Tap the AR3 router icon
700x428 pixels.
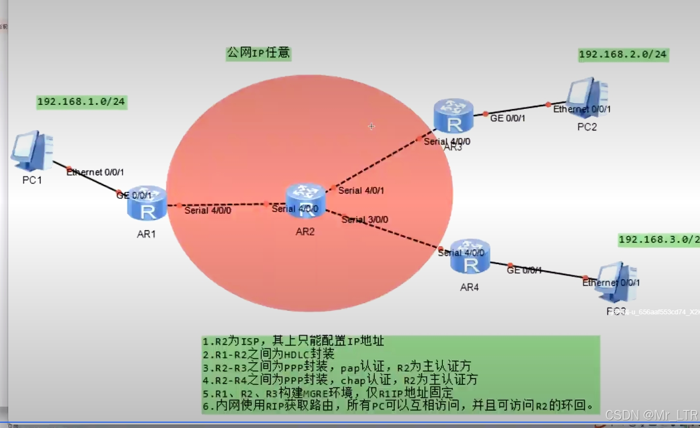[x=454, y=116]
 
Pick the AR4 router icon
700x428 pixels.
[x=470, y=257]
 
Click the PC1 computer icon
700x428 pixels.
[x=33, y=150]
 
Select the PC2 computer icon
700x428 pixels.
[x=588, y=97]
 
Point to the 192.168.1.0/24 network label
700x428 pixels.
[x=82, y=102]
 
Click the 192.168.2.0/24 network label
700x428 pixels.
[x=623, y=54]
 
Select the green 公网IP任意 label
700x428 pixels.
[x=258, y=52]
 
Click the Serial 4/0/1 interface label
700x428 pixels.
[x=361, y=190]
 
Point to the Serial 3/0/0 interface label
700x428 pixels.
[x=365, y=220]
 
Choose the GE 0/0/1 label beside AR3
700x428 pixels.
[x=507, y=118]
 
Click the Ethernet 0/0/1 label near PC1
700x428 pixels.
[x=95, y=172]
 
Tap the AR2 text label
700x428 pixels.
[x=305, y=232]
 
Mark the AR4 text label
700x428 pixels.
[x=470, y=287]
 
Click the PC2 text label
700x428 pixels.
[x=587, y=127]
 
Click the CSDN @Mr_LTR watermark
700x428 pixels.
[x=651, y=415]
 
